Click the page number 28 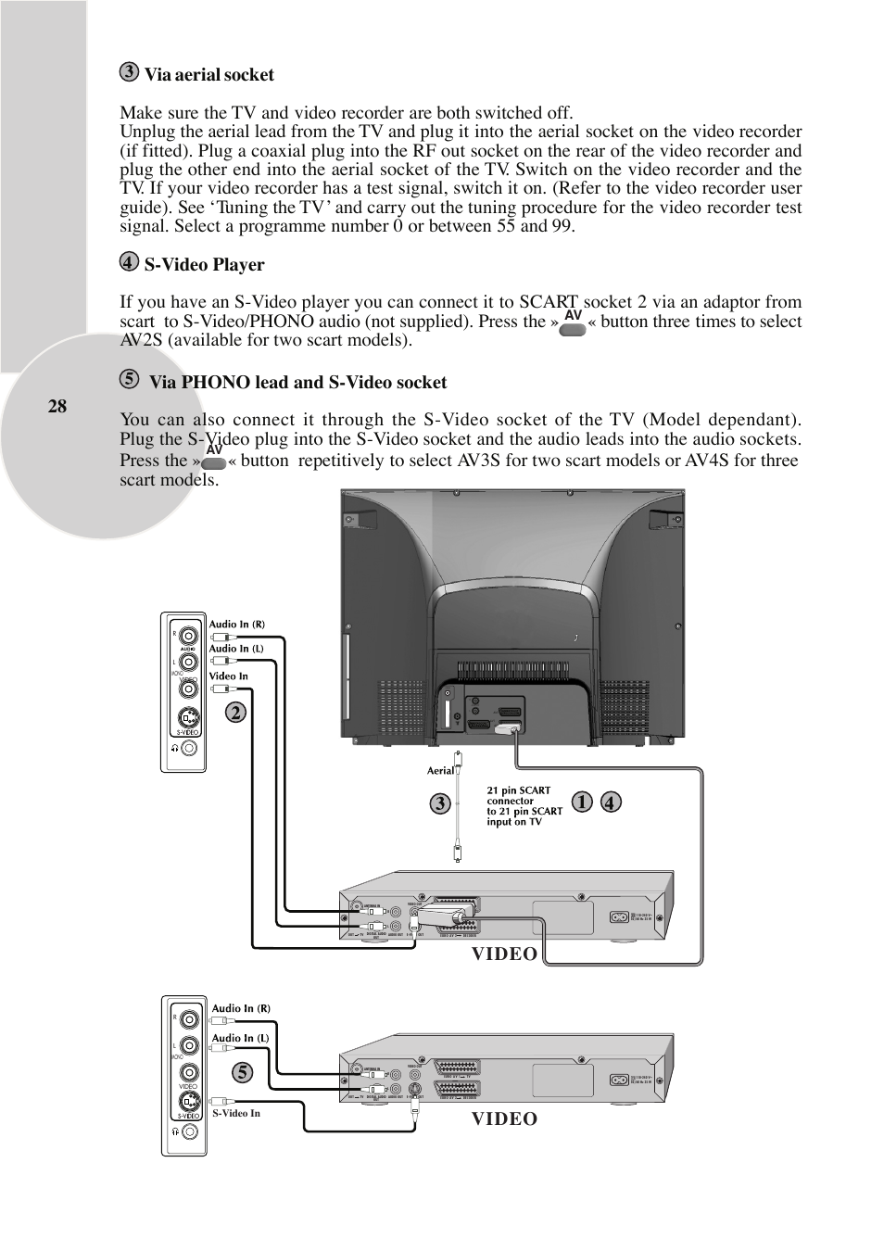(57, 406)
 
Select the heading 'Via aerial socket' (208, 75)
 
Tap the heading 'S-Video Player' (204, 265)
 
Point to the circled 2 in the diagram (235, 712)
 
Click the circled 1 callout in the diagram (581, 802)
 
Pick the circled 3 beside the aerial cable (439, 803)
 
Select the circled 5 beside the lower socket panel (243, 1072)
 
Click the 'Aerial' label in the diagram (440, 770)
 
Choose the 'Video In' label (228, 676)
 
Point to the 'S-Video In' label (236, 1113)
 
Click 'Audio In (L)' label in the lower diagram (240, 1038)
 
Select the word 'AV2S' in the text (142, 340)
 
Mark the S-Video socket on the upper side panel (188, 717)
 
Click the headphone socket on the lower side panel (189, 1131)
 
